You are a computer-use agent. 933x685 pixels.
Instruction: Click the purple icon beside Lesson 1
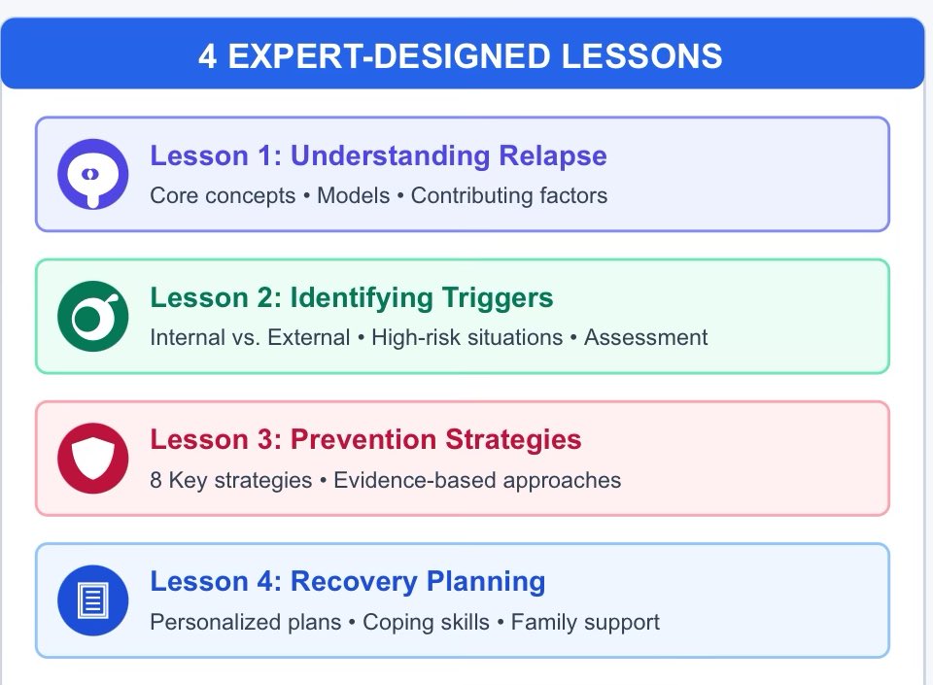click(92, 174)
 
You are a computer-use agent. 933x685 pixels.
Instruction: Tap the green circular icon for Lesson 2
click(92, 316)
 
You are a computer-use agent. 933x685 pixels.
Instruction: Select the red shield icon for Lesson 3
click(92, 458)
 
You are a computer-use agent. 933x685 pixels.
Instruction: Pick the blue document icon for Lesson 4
click(92, 599)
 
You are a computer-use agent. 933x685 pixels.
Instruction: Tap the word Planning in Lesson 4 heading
click(486, 582)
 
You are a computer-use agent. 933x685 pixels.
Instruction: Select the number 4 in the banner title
click(207, 56)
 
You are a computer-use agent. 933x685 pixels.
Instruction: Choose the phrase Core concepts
click(223, 195)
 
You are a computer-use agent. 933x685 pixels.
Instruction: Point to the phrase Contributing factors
click(508, 195)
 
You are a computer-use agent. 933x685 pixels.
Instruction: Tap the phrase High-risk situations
click(466, 337)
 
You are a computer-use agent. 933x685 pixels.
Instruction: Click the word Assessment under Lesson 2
click(645, 337)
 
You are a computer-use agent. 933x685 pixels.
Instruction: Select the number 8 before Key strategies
click(156, 480)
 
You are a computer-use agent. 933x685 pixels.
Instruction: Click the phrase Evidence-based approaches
click(476, 480)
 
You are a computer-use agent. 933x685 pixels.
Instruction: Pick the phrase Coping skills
click(426, 622)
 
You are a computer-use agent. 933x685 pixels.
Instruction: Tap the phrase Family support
click(585, 622)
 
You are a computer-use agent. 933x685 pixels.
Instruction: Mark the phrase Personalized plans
click(245, 622)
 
